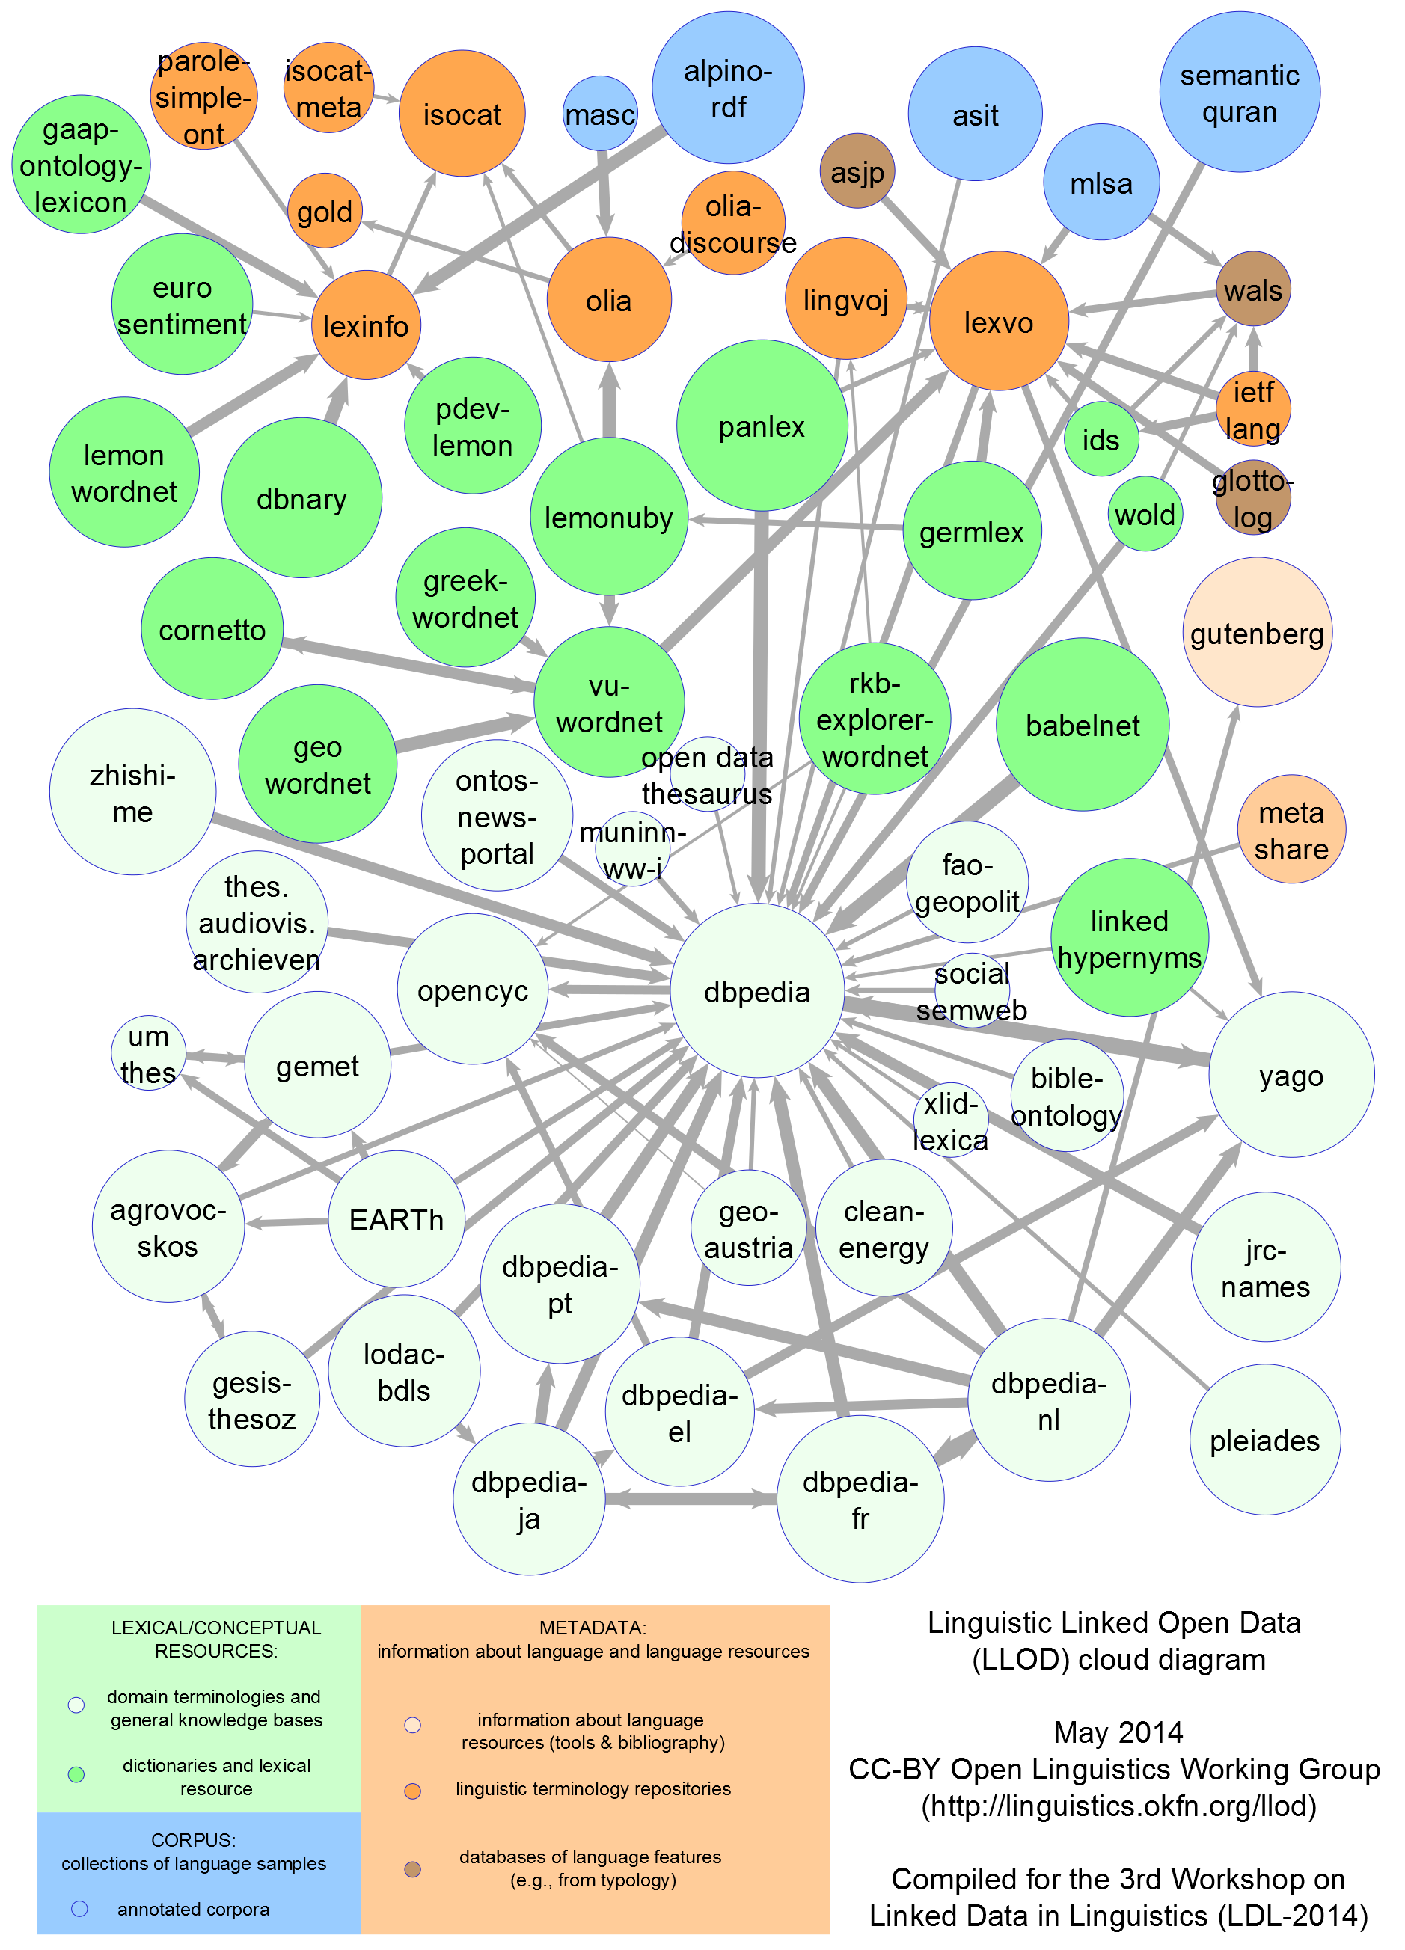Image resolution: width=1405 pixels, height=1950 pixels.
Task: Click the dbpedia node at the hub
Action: (756, 990)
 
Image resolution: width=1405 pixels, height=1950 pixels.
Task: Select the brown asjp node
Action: (857, 171)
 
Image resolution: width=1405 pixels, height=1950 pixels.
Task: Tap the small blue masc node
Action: (600, 114)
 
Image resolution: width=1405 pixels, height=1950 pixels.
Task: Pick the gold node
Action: (324, 211)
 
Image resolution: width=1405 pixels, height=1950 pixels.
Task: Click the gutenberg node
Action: (1257, 633)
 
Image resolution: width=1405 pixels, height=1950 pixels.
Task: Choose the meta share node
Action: (1291, 830)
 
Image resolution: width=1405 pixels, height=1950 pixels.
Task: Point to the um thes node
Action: (148, 1053)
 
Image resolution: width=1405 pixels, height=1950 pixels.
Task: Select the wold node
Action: (1145, 514)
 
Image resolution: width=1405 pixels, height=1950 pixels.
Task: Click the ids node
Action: (1101, 439)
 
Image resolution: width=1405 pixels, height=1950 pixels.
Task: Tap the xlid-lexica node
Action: (950, 1120)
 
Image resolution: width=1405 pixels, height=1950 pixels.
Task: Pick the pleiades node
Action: (1265, 1440)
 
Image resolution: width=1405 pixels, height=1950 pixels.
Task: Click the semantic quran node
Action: (1239, 92)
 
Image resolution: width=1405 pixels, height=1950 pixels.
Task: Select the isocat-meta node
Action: (328, 88)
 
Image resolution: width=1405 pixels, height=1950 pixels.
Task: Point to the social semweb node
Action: (972, 990)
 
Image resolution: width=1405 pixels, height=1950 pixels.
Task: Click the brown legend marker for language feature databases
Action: (413, 1869)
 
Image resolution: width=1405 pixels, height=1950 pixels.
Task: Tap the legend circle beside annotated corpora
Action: (79, 1909)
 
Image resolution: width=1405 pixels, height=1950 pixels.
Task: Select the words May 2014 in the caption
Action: (1118, 1732)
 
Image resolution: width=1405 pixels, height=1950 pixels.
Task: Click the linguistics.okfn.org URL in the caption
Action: (1118, 1806)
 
